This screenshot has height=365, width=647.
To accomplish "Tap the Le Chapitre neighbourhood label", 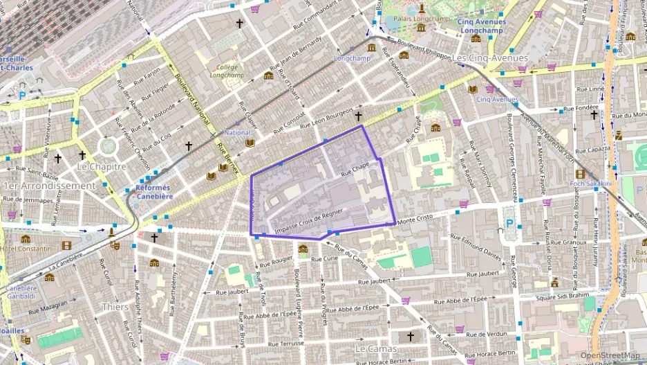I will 102,166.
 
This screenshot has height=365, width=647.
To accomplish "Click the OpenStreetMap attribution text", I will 610,355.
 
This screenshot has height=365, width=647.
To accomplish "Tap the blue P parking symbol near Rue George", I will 510,224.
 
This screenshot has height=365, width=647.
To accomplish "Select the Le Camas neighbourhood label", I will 376,348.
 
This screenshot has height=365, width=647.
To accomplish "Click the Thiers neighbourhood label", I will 115,306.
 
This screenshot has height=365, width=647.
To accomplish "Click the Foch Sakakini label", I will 591,184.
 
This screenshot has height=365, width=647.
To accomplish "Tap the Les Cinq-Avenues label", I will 490,58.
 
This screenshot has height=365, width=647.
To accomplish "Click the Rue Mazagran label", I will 49,305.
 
